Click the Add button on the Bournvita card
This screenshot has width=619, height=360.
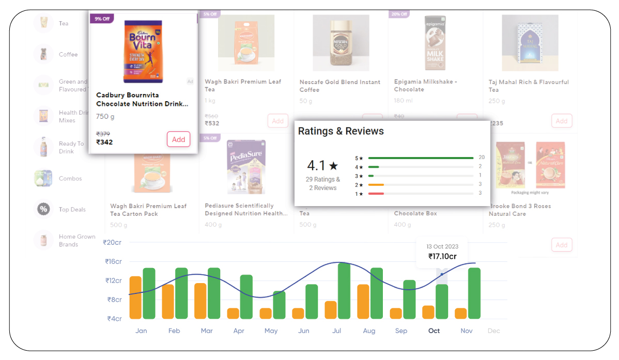tap(178, 139)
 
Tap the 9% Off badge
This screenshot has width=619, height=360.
tap(101, 19)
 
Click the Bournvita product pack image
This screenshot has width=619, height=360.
tap(143, 52)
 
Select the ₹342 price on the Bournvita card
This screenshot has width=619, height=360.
tap(104, 142)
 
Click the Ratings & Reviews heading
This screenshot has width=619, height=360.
tap(341, 131)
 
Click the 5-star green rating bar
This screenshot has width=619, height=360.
tap(421, 158)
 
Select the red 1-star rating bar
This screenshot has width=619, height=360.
tap(376, 193)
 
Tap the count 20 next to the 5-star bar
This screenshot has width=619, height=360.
tap(481, 158)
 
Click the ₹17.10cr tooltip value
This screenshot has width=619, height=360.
tap(442, 256)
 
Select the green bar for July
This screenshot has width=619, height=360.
tap(344, 291)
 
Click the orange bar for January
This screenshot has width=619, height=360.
tap(135, 298)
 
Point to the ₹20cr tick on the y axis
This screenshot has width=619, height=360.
tap(112, 242)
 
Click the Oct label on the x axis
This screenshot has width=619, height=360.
tap(434, 331)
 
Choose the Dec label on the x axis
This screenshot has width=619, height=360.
tap(493, 331)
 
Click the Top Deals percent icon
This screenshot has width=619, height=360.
tap(43, 209)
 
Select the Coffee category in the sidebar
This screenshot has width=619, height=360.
tap(68, 54)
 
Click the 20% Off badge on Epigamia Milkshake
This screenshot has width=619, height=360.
tap(399, 14)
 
